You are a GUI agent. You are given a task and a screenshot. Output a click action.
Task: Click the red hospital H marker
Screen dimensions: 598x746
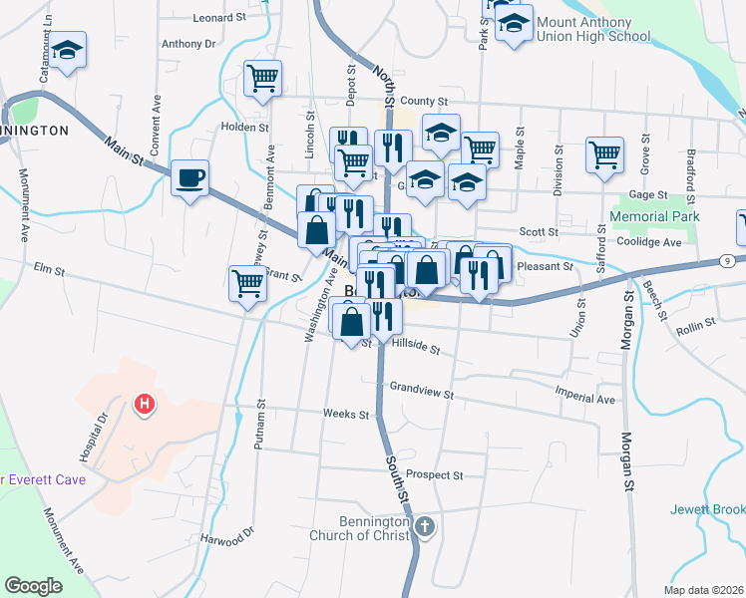145,405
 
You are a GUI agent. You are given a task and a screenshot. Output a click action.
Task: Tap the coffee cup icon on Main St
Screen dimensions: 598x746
189,179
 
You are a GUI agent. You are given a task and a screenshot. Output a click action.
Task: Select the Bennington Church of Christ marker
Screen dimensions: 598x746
425,525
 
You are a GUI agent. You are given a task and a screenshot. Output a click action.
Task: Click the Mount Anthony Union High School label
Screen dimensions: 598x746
592,29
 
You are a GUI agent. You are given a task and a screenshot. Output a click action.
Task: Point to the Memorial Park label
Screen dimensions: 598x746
654,216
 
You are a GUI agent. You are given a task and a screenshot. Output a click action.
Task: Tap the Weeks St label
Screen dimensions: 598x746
346,414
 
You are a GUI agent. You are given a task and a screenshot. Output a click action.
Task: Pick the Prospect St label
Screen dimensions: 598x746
436,475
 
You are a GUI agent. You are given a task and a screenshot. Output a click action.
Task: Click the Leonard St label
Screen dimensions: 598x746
219,18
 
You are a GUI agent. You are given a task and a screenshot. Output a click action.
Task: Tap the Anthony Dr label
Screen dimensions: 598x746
188,44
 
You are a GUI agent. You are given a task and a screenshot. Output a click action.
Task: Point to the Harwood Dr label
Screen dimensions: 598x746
227,539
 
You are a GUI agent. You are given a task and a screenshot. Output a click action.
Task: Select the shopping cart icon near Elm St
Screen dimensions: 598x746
247,284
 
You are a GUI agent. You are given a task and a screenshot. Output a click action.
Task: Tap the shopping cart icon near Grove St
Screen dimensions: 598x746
604,155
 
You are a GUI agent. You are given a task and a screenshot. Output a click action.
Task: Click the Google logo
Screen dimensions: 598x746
34,586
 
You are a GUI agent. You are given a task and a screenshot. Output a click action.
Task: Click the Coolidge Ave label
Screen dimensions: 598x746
648,241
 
